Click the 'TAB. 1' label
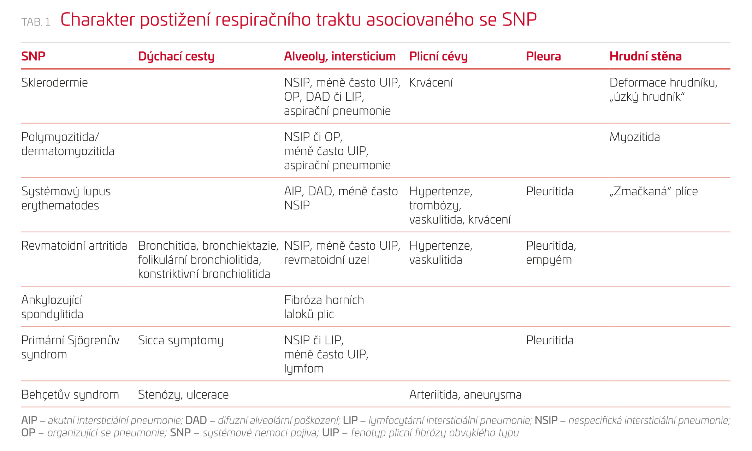(x=36, y=22)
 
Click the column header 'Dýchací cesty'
(x=176, y=57)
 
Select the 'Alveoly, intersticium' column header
(x=339, y=57)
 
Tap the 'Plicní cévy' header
(x=438, y=57)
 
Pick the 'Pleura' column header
(x=543, y=57)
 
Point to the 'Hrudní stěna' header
(x=645, y=57)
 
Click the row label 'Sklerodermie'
(x=54, y=83)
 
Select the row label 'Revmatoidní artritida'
(x=74, y=246)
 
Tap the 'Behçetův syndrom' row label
(x=70, y=394)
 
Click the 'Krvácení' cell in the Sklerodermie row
(x=431, y=83)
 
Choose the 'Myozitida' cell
(x=634, y=137)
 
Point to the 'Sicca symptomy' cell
(x=180, y=340)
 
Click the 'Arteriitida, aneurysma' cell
(x=465, y=394)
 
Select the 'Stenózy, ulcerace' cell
(x=183, y=394)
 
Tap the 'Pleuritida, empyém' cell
(x=550, y=253)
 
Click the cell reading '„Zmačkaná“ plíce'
(x=653, y=191)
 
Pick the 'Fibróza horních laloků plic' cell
(x=324, y=307)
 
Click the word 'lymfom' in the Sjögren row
(x=304, y=369)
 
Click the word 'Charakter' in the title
(x=97, y=20)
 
